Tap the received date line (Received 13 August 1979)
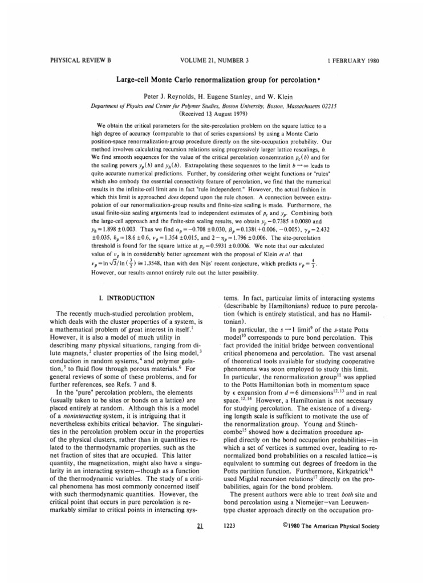(219, 113)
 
